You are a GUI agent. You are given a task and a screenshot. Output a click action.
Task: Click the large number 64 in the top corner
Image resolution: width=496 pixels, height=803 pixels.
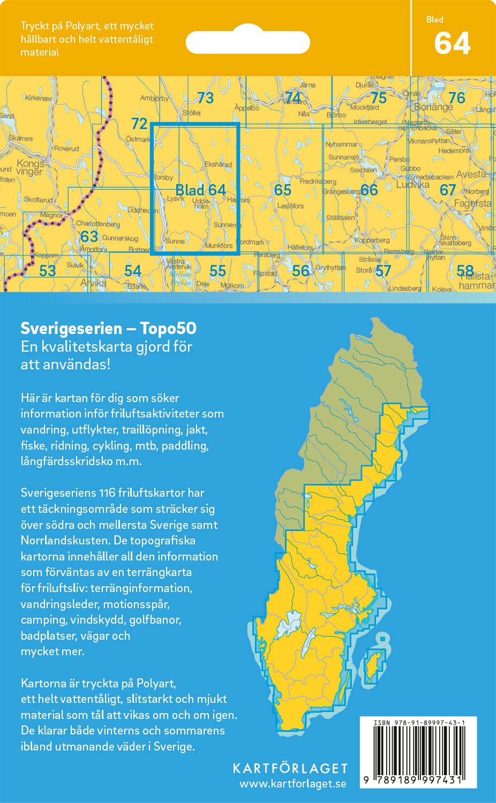tap(452, 44)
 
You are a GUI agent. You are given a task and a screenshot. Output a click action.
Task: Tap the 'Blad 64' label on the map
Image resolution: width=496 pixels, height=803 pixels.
tap(200, 190)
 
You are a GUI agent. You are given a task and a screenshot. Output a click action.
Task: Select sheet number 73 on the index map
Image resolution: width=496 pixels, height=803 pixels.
tap(205, 98)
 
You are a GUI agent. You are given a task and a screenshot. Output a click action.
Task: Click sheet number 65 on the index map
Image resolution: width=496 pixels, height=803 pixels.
tap(282, 190)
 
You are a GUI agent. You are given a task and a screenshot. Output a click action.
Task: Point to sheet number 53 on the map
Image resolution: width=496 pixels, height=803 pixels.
tap(47, 271)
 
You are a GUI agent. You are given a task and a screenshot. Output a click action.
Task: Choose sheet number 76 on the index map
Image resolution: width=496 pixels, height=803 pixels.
tap(456, 98)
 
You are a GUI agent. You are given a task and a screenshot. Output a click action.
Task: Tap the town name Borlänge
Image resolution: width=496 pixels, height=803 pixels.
tap(433, 108)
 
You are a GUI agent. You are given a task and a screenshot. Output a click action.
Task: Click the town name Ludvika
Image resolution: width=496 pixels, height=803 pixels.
tap(412, 185)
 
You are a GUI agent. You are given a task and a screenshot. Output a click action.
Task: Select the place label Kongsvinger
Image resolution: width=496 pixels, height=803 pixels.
tap(30, 168)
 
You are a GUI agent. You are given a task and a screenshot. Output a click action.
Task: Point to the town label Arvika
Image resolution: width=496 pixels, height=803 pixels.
tap(93, 283)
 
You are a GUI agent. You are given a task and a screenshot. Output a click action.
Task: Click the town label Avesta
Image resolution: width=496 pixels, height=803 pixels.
tap(471, 175)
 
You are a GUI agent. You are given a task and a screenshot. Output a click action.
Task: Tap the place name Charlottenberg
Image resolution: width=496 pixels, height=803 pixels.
tap(97, 224)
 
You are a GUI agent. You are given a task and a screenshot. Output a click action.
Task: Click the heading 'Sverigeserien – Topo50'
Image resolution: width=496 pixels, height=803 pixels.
tap(108, 328)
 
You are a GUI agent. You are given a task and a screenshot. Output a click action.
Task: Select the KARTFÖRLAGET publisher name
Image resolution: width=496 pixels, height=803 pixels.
tap(290, 768)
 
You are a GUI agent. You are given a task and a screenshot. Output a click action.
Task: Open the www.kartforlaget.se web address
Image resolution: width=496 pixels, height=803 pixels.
tap(292, 784)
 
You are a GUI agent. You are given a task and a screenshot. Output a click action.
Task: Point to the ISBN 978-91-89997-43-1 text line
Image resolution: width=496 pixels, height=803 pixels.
tap(418, 723)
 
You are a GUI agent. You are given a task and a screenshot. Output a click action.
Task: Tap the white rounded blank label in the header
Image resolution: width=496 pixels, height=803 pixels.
tap(247, 42)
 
